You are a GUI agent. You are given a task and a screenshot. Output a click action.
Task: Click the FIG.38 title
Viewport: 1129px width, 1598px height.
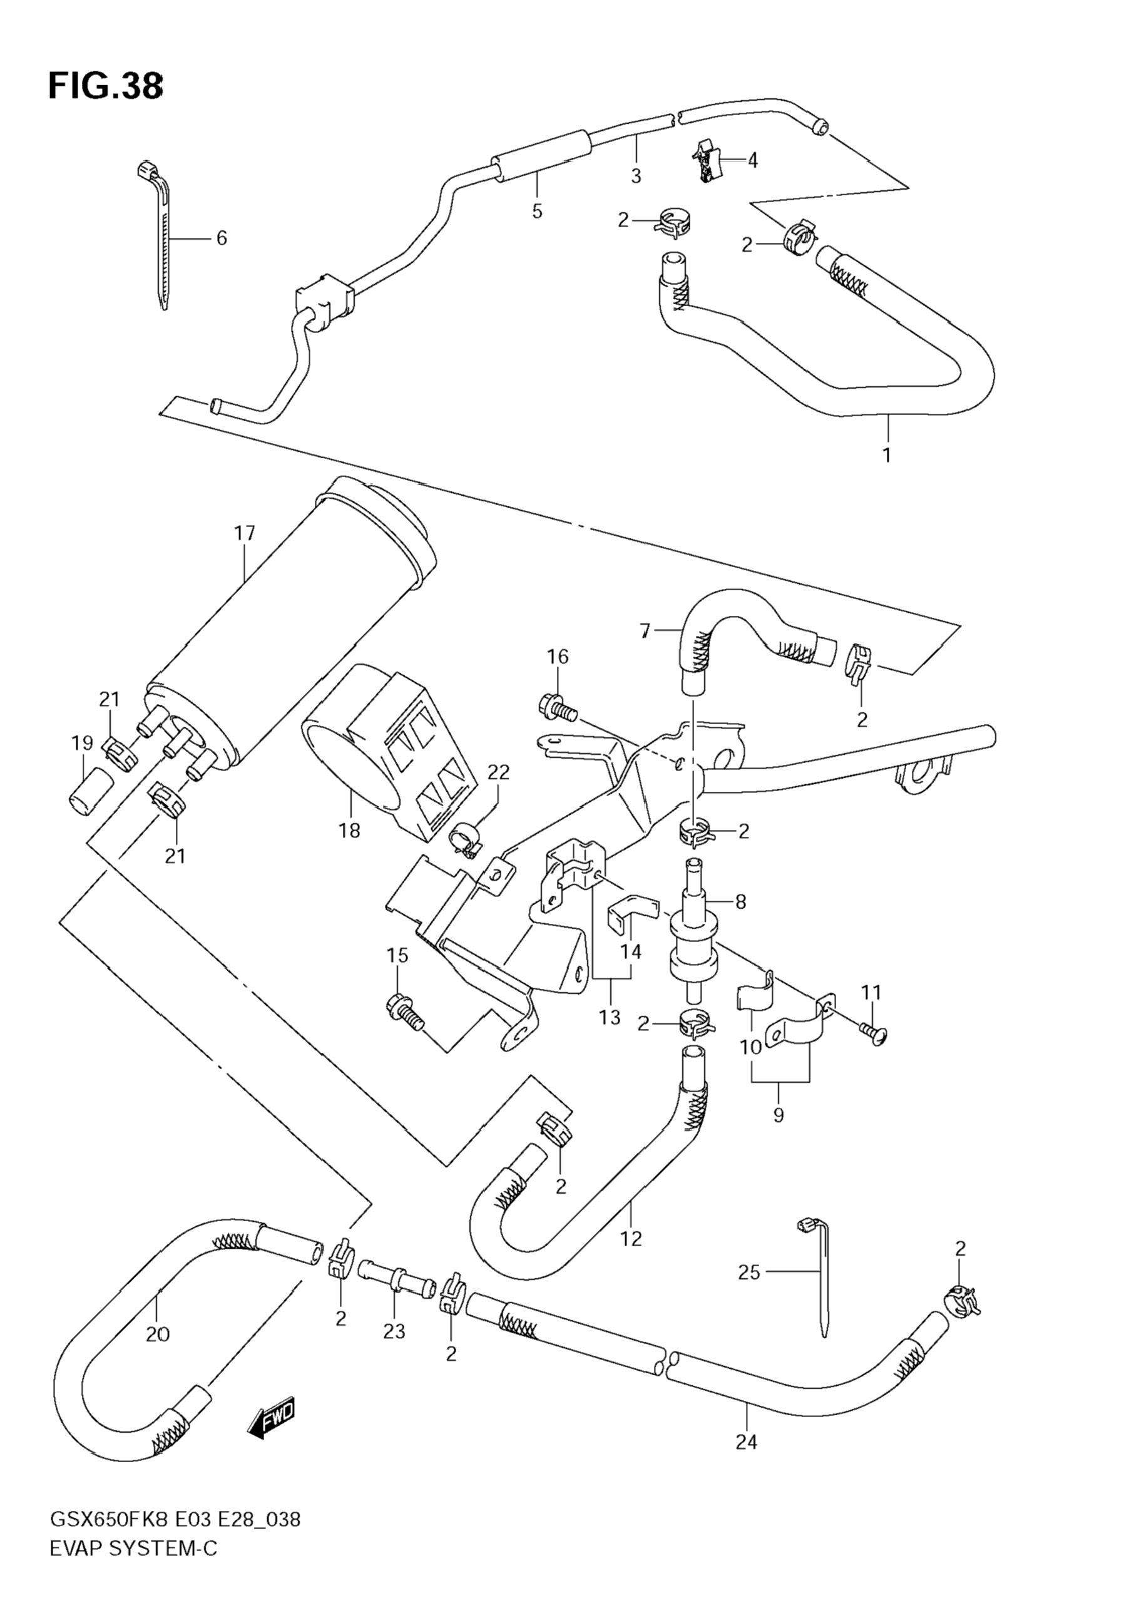[x=106, y=87]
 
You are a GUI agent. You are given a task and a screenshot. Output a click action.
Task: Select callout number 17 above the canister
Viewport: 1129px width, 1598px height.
[x=244, y=534]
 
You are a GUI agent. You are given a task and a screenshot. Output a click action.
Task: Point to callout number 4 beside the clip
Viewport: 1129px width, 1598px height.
[x=752, y=160]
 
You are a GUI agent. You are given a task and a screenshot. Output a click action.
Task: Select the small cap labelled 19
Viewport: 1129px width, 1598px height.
[x=91, y=791]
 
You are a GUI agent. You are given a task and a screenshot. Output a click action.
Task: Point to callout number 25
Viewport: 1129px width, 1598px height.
[x=749, y=1273]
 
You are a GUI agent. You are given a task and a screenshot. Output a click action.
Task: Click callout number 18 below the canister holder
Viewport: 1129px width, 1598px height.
[x=350, y=831]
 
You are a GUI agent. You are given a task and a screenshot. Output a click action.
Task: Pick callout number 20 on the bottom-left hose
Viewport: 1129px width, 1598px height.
[x=158, y=1334]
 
